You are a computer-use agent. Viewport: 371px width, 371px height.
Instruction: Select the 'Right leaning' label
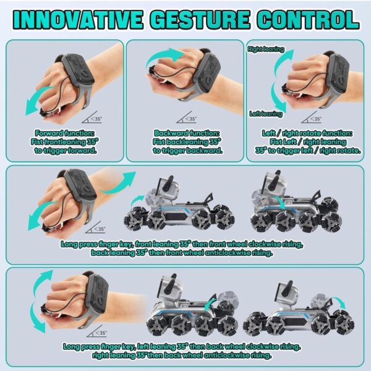click(x=266, y=49)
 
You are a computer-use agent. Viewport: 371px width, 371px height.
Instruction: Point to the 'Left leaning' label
click(x=266, y=114)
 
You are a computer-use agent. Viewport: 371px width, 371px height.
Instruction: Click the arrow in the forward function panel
click(x=38, y=101)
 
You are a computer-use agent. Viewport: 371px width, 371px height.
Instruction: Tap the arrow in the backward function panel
click(x=165, y=57)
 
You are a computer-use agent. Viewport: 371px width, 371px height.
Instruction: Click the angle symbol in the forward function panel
click(x=92, y=117)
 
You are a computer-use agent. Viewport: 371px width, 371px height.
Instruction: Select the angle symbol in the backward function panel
click(x=187, y=117)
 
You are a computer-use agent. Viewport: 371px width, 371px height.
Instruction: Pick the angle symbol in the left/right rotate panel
click(x=312, y=117)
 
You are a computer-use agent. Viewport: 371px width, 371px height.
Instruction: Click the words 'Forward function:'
click(x=64, y=133)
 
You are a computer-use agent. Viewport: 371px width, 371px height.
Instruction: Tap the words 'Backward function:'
click(x=187, y=133)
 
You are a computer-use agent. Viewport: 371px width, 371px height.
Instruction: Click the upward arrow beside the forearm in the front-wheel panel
click(x=118, y=184)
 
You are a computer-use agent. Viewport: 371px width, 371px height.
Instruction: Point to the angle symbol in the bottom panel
click(x=96, y=331)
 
